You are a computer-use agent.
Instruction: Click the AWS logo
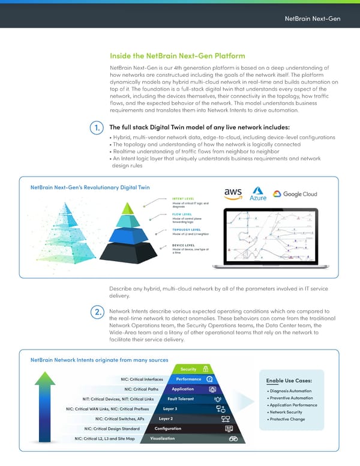(x=232, y=194)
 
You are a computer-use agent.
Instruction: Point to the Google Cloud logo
(x=294, y=194)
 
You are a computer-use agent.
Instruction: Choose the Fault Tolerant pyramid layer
(x=181, y=399)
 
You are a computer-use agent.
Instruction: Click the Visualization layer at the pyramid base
(x=163, y=438)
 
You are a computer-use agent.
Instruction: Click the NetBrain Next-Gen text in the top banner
(x=313, y=18)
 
